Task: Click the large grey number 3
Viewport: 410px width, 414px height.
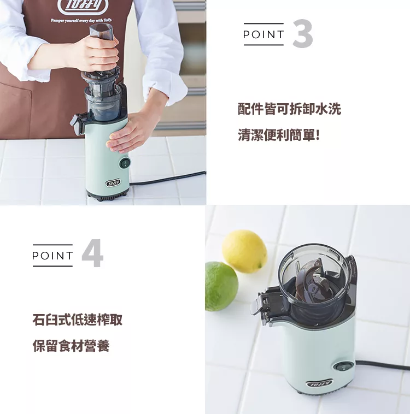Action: click(x=303, y=33)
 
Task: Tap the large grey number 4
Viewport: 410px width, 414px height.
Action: click(x=92, y=253)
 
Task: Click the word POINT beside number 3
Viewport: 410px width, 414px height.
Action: click(x=263, y=34)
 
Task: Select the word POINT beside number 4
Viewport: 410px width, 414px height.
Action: click(x=52, y=255)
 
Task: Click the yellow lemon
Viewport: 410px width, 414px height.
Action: click(x=244, y=251)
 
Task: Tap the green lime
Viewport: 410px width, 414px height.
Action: click(x=221, y=286)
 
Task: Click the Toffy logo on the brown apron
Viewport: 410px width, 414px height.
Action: click(x=83, y=6)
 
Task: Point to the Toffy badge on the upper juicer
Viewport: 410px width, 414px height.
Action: click(x=113, y=183)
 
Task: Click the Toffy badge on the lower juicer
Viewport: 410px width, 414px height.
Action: click(x=319, y=383)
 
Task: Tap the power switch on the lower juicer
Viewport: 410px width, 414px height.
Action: click(x=343, y=367)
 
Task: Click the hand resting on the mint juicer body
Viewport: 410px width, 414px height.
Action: click(x=130, y=132)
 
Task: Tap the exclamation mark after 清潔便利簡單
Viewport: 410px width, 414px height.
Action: click(x=318, y=135)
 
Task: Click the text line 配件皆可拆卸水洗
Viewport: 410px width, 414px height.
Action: click(x=289, y=109)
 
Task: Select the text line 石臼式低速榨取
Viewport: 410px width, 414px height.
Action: click(x=78, y=320)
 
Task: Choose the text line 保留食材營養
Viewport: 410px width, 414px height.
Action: click(x=71, y=346)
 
